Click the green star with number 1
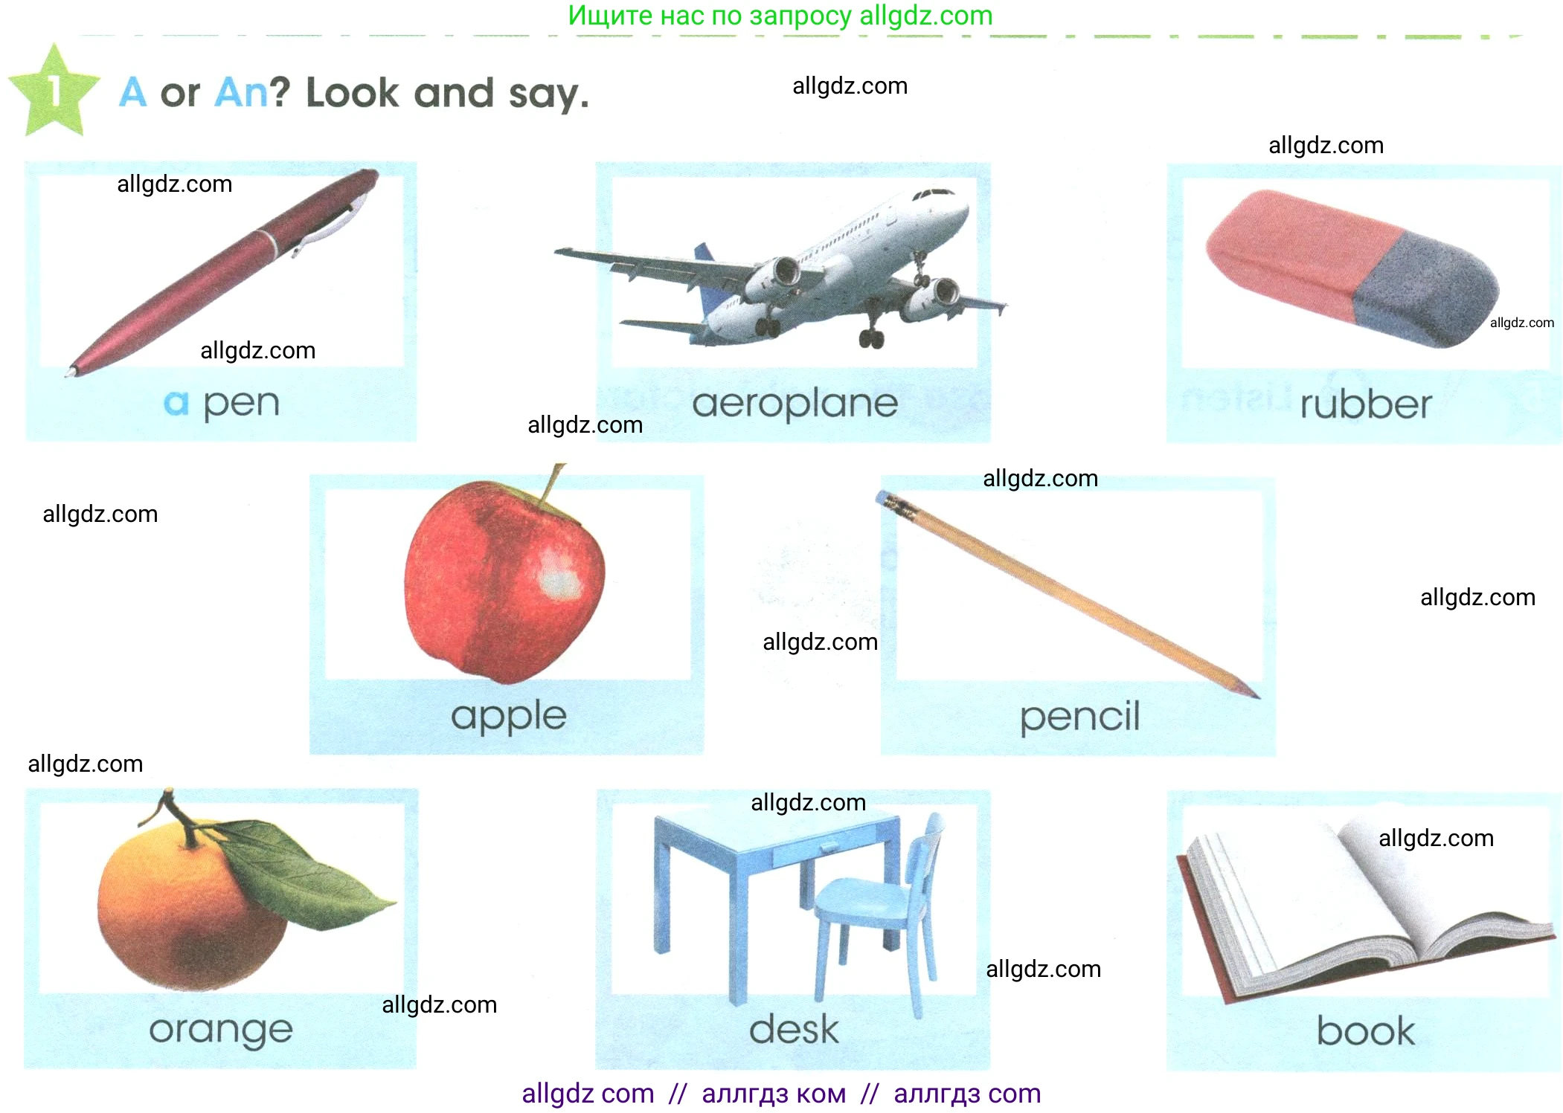[54, 91]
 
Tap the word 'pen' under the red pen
[242, 404]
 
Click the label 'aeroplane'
[795, 404]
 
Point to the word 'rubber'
[1366, 404]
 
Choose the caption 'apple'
[509, 717]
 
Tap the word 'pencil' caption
[1079, 717]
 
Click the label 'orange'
[221, 1030]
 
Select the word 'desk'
[794, 1029]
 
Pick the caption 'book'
[1366, 1030]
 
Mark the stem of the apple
[552, 483]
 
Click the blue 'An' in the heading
[241, 94]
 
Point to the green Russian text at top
[780, 16]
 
